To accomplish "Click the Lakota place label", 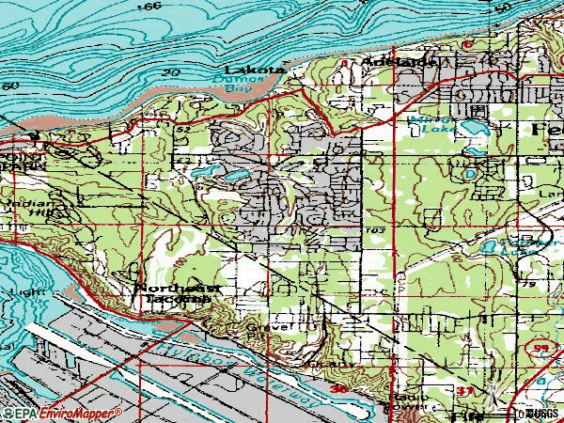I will click(x=253, y=70).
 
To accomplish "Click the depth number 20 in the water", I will click(x=170, y=72).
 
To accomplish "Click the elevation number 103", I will click(x=377, y=228).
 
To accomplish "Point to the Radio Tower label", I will click(x=409, y=403).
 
